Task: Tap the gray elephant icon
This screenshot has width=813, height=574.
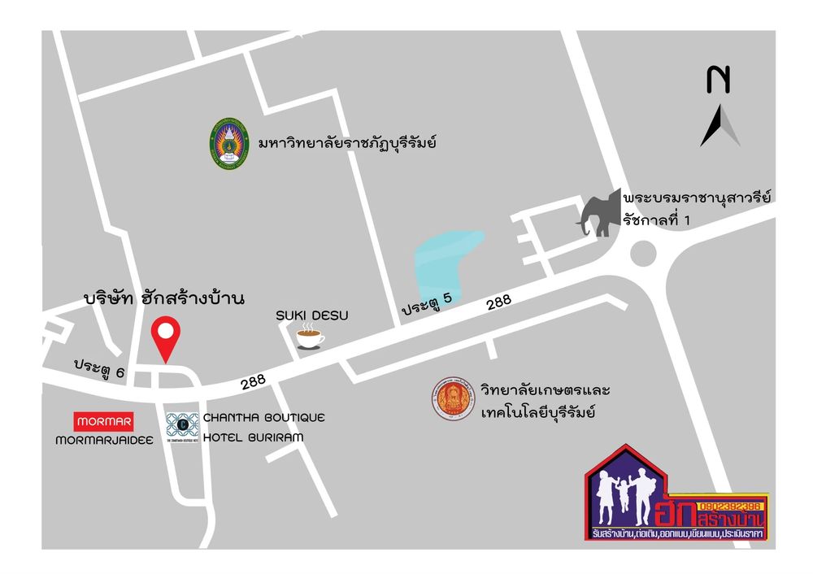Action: point(599,213)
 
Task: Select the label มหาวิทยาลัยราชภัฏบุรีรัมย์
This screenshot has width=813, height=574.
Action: point(347,143)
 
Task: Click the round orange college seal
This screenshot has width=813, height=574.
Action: point(453,400)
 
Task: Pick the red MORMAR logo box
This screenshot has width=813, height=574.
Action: point(103,422)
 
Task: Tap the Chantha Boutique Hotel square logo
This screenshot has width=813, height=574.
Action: point(182,426)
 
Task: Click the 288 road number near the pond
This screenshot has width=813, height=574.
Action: point(498,302)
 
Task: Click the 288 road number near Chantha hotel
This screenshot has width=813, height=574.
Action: point(253,380)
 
